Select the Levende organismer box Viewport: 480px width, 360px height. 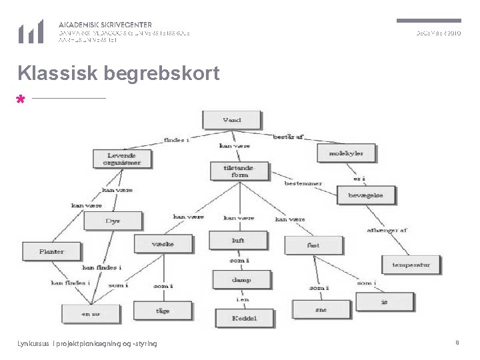coord(122,159)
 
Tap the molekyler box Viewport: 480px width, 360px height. coord(346,153)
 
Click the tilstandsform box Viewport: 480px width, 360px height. coord(239,171)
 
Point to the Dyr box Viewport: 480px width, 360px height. coord(113,221)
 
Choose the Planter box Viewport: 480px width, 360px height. coord(51,251)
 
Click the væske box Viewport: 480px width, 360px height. coord(163,244)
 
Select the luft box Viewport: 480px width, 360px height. coord(238,240)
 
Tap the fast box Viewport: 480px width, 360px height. coord(313,245)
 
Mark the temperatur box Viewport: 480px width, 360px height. coord(411,265)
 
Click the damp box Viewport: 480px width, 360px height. coord(241,280)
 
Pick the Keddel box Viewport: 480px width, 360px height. coord(244,319)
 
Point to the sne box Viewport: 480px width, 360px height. coord(321,309)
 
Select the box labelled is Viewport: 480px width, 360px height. coord(384,302)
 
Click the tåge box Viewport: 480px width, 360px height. coord(162,311)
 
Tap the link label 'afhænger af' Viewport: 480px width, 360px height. coord(387,231)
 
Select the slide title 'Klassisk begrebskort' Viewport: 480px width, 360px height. coord(119,73)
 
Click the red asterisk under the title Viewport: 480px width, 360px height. coord(21,100)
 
